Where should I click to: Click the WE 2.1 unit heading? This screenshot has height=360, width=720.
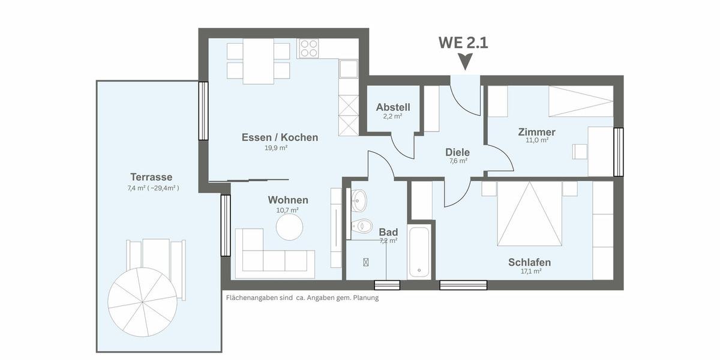pos(463,43)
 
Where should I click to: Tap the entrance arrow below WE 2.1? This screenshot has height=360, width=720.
pos(465,61)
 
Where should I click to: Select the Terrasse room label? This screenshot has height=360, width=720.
pos(151,177)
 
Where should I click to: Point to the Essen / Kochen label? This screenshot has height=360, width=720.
pos(280,137)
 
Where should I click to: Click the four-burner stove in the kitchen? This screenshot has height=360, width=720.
pos(308,48)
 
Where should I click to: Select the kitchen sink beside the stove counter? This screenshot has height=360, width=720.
pos(348,68)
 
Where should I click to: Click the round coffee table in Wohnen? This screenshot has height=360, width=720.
pos(289,226)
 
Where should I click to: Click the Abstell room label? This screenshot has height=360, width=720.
pos(393,107)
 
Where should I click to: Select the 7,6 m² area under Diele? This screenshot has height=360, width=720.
pos(458,161)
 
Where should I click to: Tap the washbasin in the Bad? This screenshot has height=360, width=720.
pos(359,200)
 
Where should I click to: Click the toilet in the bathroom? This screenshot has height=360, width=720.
pos(361,227)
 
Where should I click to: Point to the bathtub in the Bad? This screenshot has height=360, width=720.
pos(419,252)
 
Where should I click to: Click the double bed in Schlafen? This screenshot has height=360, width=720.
pos(529,214)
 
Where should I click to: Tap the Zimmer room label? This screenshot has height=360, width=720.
pos(536,132)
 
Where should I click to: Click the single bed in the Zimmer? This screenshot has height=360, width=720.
pos(581,101)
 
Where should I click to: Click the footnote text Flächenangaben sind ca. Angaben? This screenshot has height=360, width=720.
pos(302,298)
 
